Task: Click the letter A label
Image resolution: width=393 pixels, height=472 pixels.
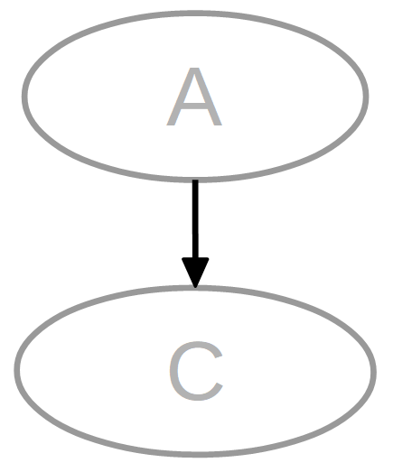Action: point(194,97)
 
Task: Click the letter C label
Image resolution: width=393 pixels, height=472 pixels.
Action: point(196,371)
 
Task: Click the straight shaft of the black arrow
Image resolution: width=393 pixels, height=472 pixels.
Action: point(195,219)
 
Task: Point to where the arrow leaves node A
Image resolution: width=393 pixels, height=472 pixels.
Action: point(195,180)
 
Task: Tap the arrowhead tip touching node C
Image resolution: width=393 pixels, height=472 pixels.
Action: point(195,288)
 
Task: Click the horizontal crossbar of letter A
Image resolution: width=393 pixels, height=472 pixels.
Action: point(194,106)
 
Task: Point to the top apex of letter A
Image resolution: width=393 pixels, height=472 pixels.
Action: point(194,69)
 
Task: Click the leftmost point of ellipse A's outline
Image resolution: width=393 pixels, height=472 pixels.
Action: point(24,97)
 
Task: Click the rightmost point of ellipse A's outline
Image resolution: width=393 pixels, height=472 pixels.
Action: point(366,97)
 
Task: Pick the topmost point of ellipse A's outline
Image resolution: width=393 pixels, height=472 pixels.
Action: point(195,14)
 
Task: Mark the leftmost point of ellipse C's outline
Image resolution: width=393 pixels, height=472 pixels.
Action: point(17,371)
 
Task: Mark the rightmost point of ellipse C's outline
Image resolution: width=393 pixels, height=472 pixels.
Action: point(374,371)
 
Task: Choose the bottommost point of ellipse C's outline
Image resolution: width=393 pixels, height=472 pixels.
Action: point(195,454)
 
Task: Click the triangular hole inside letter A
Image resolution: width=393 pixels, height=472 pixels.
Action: point(194,92)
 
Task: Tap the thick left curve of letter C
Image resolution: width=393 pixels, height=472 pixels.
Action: point(173,371)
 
